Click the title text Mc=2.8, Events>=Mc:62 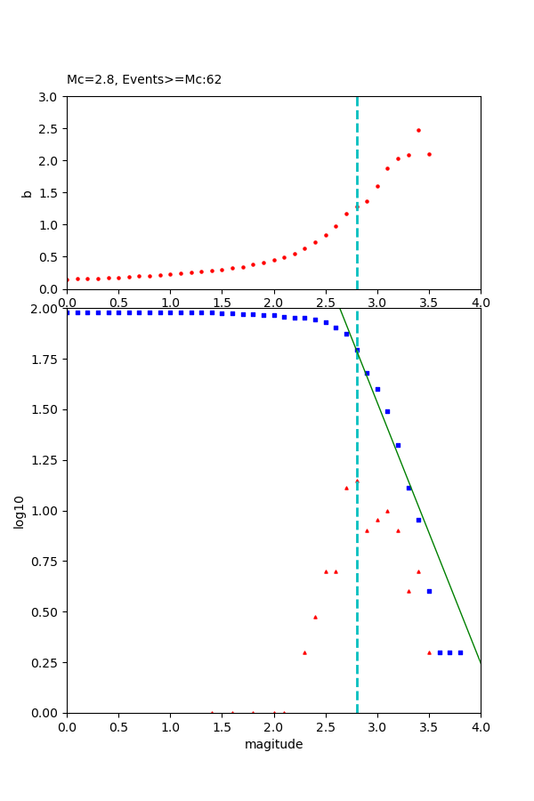pyautogui.click(x=144, y=80)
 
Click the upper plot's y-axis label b pyautogui.click(x=27, y=193)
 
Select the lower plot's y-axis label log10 pyautogui.click(x=20, y=511)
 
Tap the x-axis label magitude pyautogui.click(x=273, y=744)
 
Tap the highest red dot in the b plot pyautogui.click(x=418, y=130)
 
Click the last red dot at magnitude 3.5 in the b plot pyautogui.click(x=429, y=154)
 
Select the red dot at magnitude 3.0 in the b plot pyautogui.click(x=377, y=186)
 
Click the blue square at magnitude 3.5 pyautogui.click(x=429, y=591)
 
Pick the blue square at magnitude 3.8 pyautogui.click(x=460, y=652)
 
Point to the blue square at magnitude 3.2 pyautogui.click(x=398, y=445)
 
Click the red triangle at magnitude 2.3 pyautogui.click(x=304, y=652)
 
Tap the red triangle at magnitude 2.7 pyautogui.click(x=346, y=488)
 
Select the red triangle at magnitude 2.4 pyautogui.click(x=315, y=617)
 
